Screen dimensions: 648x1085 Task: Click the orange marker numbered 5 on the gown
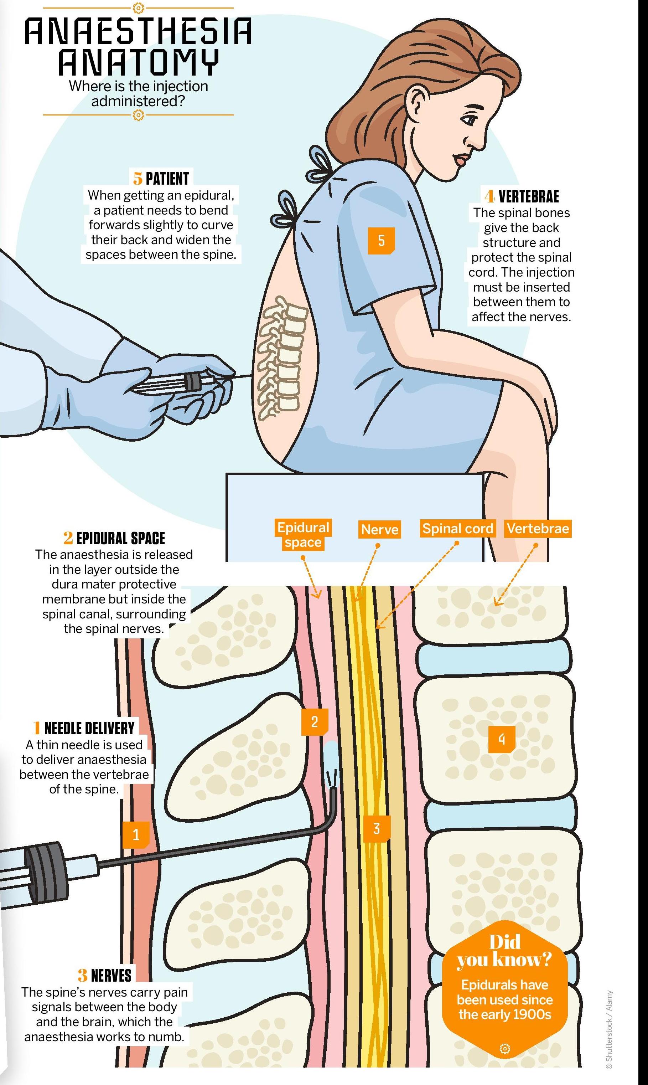(381, 240)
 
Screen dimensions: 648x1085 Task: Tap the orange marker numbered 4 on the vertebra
(502, 739)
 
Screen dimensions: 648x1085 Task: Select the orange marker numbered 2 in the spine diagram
(315, 721)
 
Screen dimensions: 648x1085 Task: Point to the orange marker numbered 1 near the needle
(136, 835)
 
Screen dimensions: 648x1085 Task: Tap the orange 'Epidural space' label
(303, 535)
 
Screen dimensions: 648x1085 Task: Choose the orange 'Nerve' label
(379, 529)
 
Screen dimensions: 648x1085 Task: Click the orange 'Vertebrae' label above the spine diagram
(538, 529)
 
